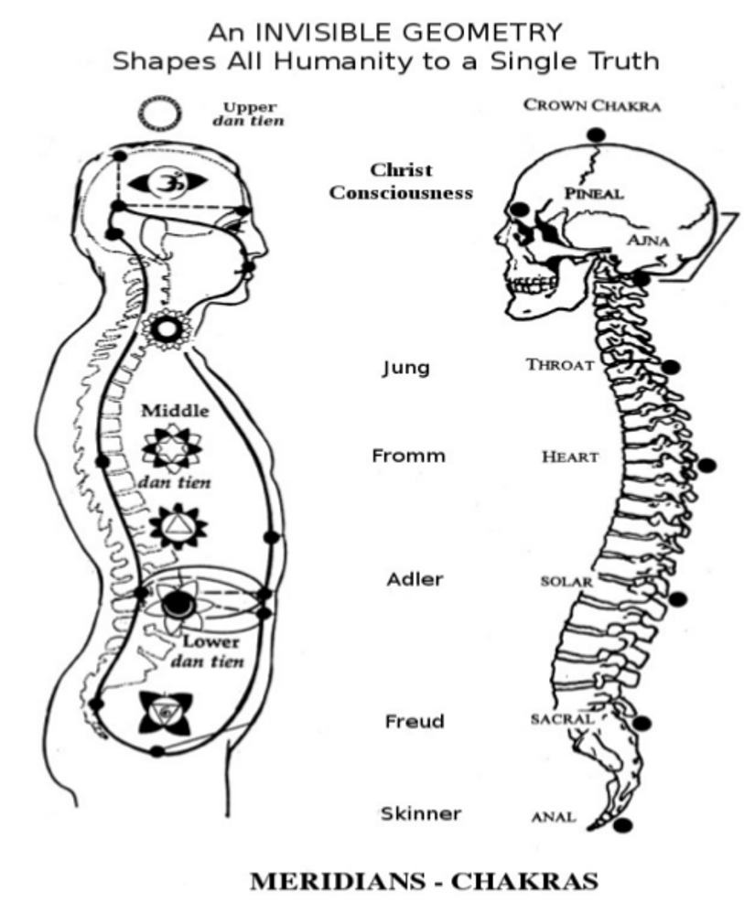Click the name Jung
click(x=405, y=369)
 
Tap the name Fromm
click(x=408, y=456)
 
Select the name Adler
click(x=415, y=579)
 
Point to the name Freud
click(x=415, y=722)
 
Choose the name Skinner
click(x=422, y=813)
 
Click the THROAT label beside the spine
click(x=559, y=365)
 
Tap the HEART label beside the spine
click(x=570, y=457)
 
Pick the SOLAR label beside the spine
click(x=566, y=581)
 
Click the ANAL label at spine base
click(x=554, y=816)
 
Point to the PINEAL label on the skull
click(x=593, y=194)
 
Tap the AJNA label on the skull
click(x=651, y=240)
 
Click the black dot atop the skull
click(x=596, y=134)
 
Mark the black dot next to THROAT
click(x=671, y=367)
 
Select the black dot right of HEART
click(x=706, y=466)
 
